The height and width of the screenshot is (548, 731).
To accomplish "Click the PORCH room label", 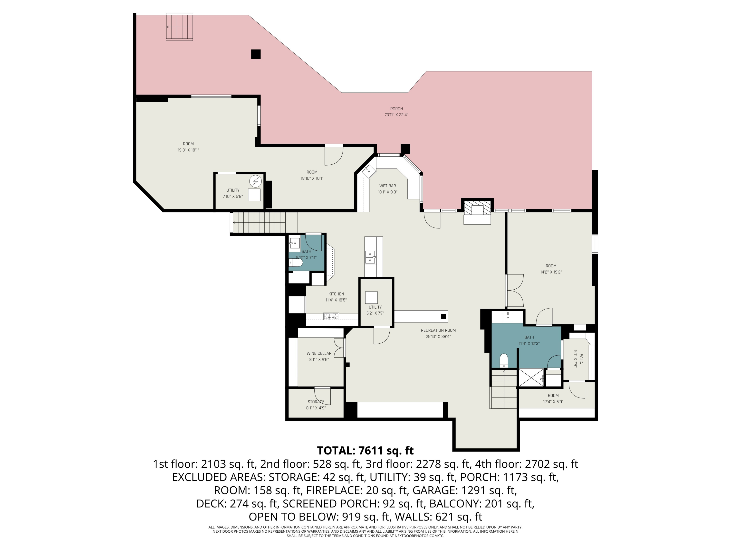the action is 396,109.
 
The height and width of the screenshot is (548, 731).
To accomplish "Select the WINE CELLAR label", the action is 319,353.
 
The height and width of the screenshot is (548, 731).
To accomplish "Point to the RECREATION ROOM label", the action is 438,330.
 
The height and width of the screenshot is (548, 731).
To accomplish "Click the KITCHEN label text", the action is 336,294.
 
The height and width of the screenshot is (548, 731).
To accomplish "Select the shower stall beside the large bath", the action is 531,377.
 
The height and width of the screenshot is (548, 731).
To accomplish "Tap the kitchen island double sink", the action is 370,257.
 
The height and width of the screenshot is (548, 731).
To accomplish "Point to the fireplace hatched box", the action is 477,208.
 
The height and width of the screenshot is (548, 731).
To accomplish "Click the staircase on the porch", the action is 179,27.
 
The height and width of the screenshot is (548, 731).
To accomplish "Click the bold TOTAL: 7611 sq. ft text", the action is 365,451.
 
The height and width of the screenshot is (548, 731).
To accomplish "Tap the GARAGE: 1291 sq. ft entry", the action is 465,490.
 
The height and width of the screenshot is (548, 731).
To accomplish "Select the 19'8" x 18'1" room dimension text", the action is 188,150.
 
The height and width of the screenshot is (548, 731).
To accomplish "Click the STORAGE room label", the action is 316,402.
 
